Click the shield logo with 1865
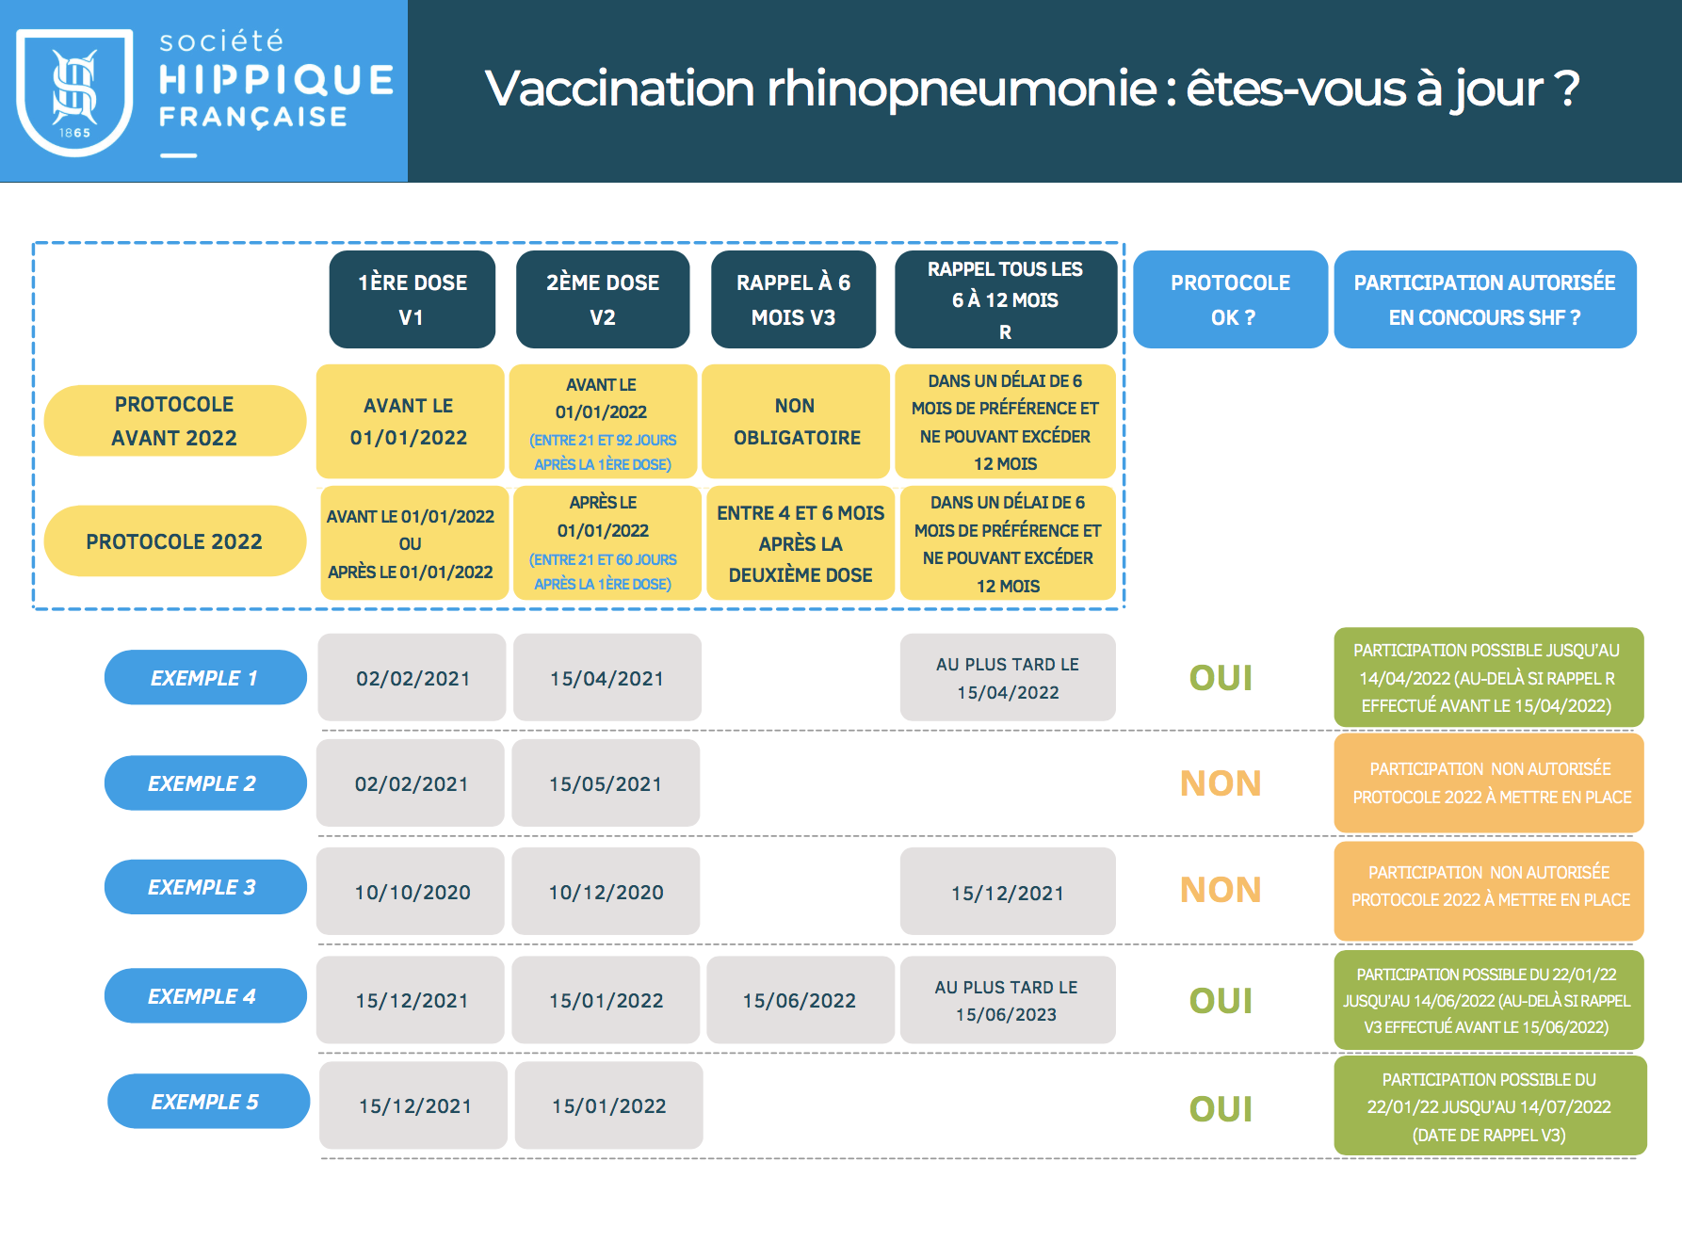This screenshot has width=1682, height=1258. pos(74,91)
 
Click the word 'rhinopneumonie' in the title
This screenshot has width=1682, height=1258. pos(962,89)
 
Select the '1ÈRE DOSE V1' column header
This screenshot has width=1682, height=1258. pos(412,299)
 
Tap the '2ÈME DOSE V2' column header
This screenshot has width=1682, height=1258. pos(603,299)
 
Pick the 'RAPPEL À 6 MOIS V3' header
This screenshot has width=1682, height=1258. pos(793,299)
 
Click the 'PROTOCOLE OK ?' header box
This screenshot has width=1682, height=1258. pos(1230,299)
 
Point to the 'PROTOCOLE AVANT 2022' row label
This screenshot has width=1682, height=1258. pos(174,421)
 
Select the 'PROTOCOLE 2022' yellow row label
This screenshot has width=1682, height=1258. pos(174,541)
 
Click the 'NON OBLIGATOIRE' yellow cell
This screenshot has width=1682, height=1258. pos(796,421)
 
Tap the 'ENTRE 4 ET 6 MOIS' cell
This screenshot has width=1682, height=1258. pos(800,543)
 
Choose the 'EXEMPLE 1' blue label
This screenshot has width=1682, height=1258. pos(204,678)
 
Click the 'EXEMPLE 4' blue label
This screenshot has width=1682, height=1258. pos(204,996)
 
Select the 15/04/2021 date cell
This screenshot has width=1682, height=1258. pos(606,678)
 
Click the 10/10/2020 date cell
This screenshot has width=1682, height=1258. pos(412,892)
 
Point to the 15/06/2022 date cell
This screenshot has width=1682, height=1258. pos(800,1000)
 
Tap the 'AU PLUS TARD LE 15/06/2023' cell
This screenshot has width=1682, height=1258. pos(1007,1000)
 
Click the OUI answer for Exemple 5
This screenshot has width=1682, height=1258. pos(1221,1108)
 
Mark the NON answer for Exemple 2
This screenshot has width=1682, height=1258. pos(1221,783)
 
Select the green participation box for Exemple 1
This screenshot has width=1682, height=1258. pos(1487,678)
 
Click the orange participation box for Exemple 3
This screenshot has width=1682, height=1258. pos(1489,887)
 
